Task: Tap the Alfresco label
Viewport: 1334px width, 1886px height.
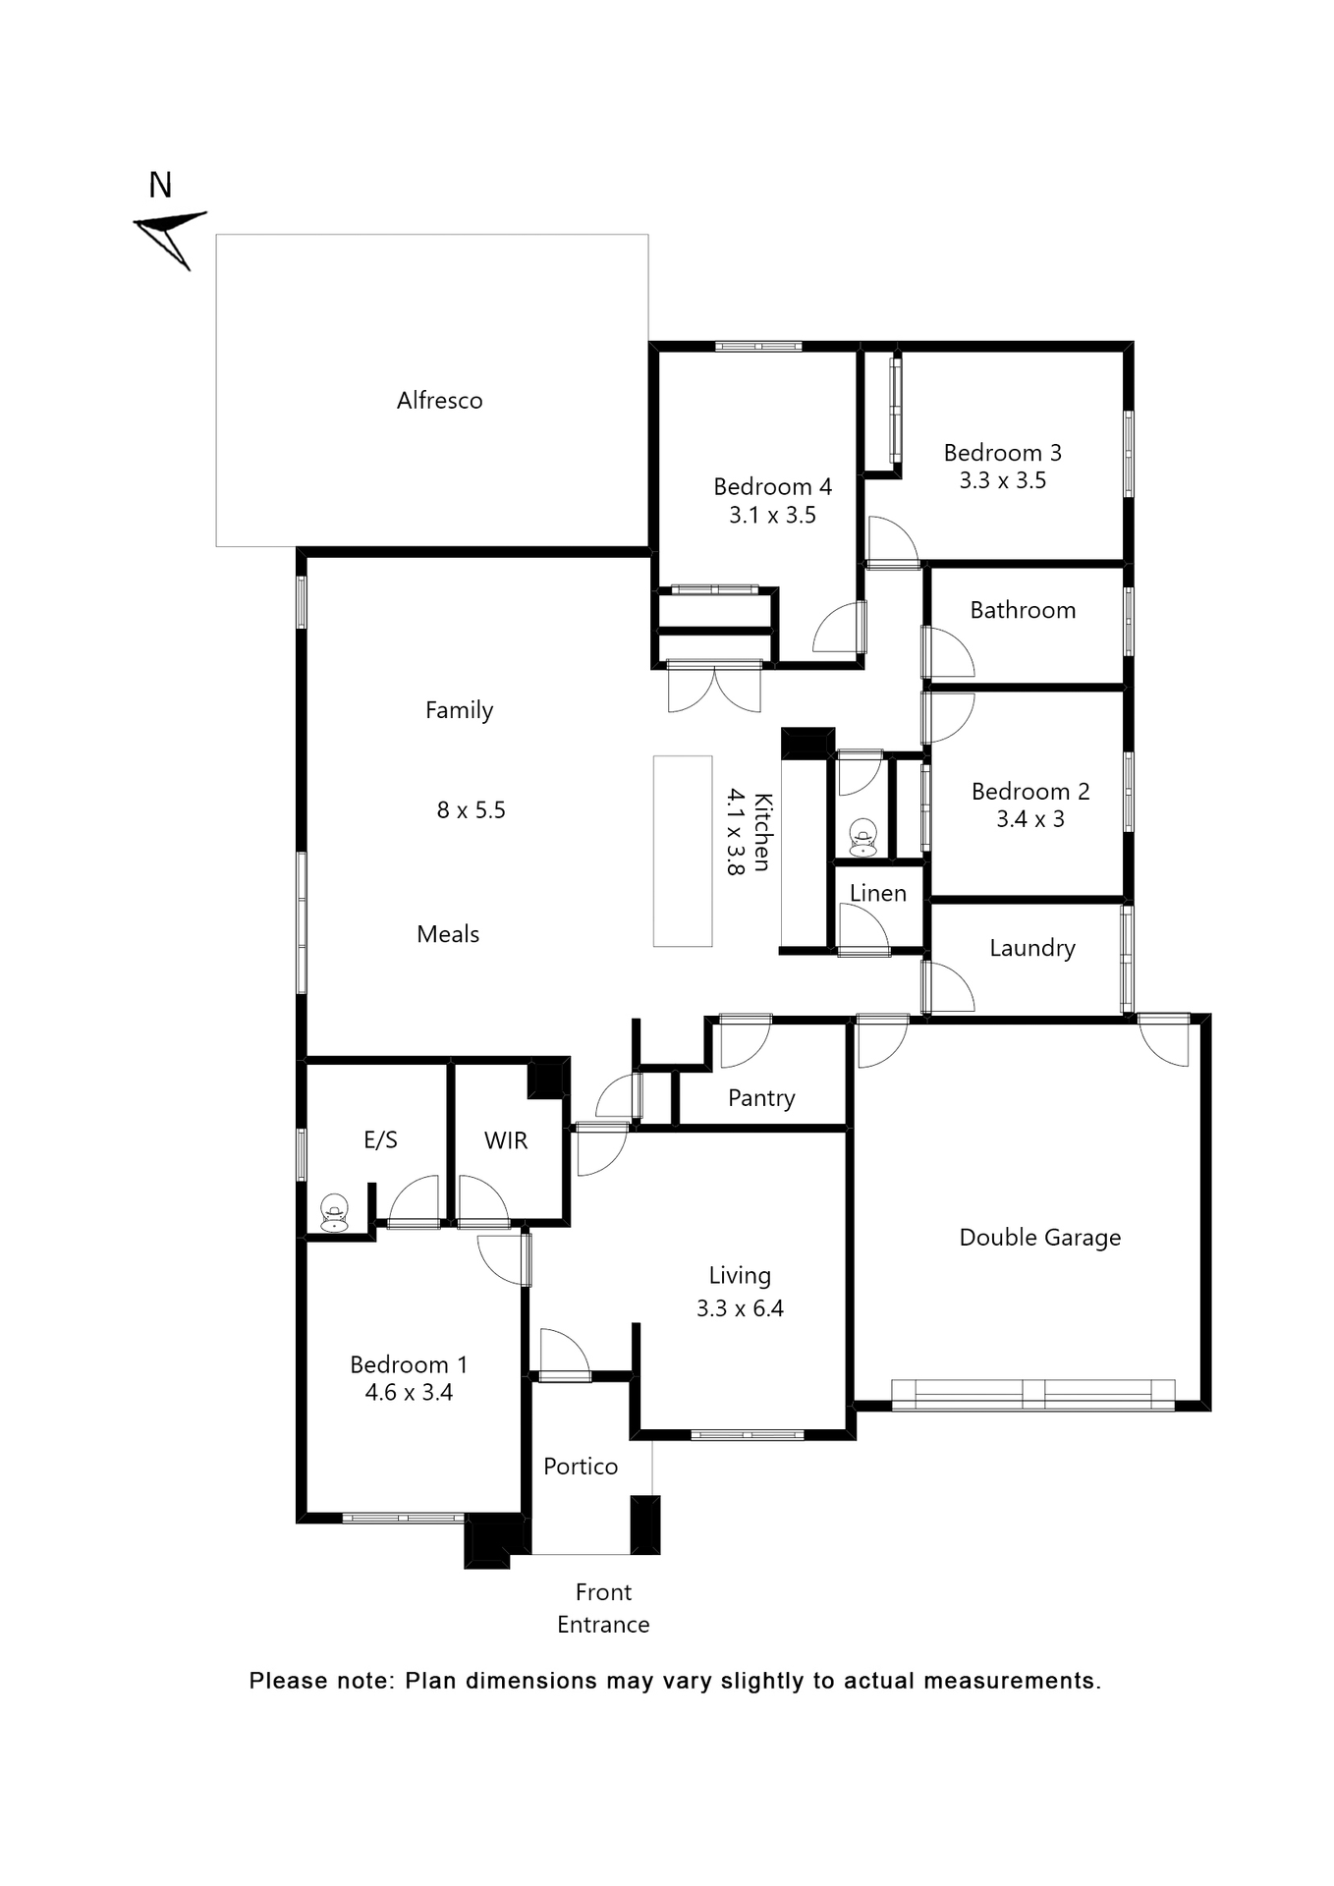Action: coord(439,401)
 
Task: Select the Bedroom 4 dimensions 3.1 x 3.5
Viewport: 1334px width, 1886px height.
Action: coord(772,516)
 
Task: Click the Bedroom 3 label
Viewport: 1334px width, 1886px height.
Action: coord(1002,453)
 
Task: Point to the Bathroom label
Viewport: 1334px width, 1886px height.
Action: coord(1023,611)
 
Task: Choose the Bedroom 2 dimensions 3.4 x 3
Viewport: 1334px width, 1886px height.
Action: coord(1030,819)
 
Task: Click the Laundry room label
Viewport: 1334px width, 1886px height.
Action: coord(1031,948)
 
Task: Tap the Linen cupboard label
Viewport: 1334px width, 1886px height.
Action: coord(877,894)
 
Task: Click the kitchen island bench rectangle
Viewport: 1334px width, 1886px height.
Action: coord(683,851)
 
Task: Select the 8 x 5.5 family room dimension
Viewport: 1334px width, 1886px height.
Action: coord(471,810)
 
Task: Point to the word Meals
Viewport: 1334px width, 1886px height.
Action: coord(448,934)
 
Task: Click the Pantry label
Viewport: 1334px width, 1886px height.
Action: coord(761,1098)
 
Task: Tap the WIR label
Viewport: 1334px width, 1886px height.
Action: coord(506,1140)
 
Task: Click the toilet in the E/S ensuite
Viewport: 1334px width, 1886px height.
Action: coord(334,1212)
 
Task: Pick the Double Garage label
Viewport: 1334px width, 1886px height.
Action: coord(1039,1238)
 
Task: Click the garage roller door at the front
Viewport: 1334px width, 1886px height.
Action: coord(1032,1395)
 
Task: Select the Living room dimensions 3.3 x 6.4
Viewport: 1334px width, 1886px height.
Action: coord(740,1308)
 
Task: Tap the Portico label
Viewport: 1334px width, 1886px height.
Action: coord(581,1467)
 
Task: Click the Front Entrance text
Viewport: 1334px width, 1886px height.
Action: coord(603,1608)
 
